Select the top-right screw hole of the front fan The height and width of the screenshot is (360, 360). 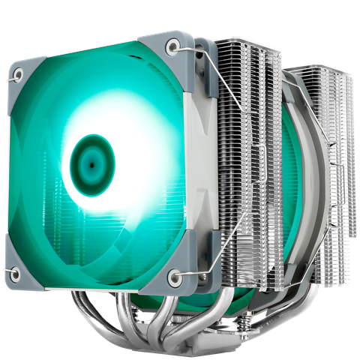click(174, 46)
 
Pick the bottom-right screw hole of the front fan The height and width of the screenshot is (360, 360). click(175, 278)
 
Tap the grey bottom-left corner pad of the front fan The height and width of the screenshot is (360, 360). click(10, 274)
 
